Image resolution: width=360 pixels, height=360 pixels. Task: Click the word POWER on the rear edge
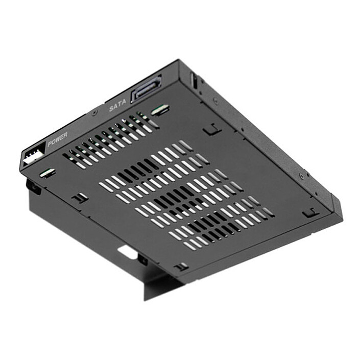pos(57,139)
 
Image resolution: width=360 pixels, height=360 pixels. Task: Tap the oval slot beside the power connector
pos(48,172)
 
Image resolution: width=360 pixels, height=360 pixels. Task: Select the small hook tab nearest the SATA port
pos(211,130)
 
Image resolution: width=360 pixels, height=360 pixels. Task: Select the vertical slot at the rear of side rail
pos(193,79)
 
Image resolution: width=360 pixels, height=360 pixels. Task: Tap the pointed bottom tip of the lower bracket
pos(146,299)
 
